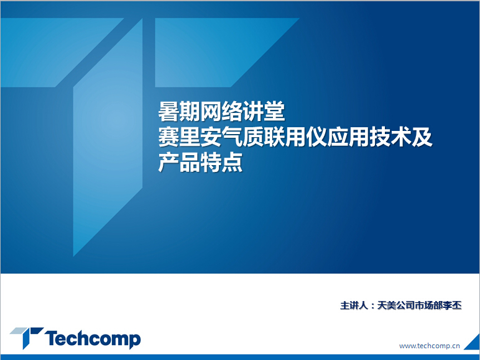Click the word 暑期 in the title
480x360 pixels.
tap(179, 112)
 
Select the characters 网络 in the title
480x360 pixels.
tap(221, 112)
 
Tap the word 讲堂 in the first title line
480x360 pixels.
tap(264, 112)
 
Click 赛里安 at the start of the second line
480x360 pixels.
tap(190, 137)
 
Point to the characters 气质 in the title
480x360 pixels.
tap(242, 137)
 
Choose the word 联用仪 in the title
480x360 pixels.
tap(295, 137)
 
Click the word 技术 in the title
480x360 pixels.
tap(390, 137)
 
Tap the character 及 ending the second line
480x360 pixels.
tap(422, 137)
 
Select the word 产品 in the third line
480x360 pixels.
tap(179, 163)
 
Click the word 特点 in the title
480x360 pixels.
tap(221, 163)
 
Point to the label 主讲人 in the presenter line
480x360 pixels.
tap(354, 305)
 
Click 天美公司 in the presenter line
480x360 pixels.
tap(395, 305)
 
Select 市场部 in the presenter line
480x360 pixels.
tap(428, 305)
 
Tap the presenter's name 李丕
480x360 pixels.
tap(452, 305)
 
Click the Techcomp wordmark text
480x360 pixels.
tap(93, 339)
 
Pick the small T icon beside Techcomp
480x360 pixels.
tap(27, 338)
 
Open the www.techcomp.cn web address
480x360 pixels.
tap(430, 346)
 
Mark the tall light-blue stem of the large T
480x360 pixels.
tap(108, 138)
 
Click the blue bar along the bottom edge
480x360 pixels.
tap(240, 358)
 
